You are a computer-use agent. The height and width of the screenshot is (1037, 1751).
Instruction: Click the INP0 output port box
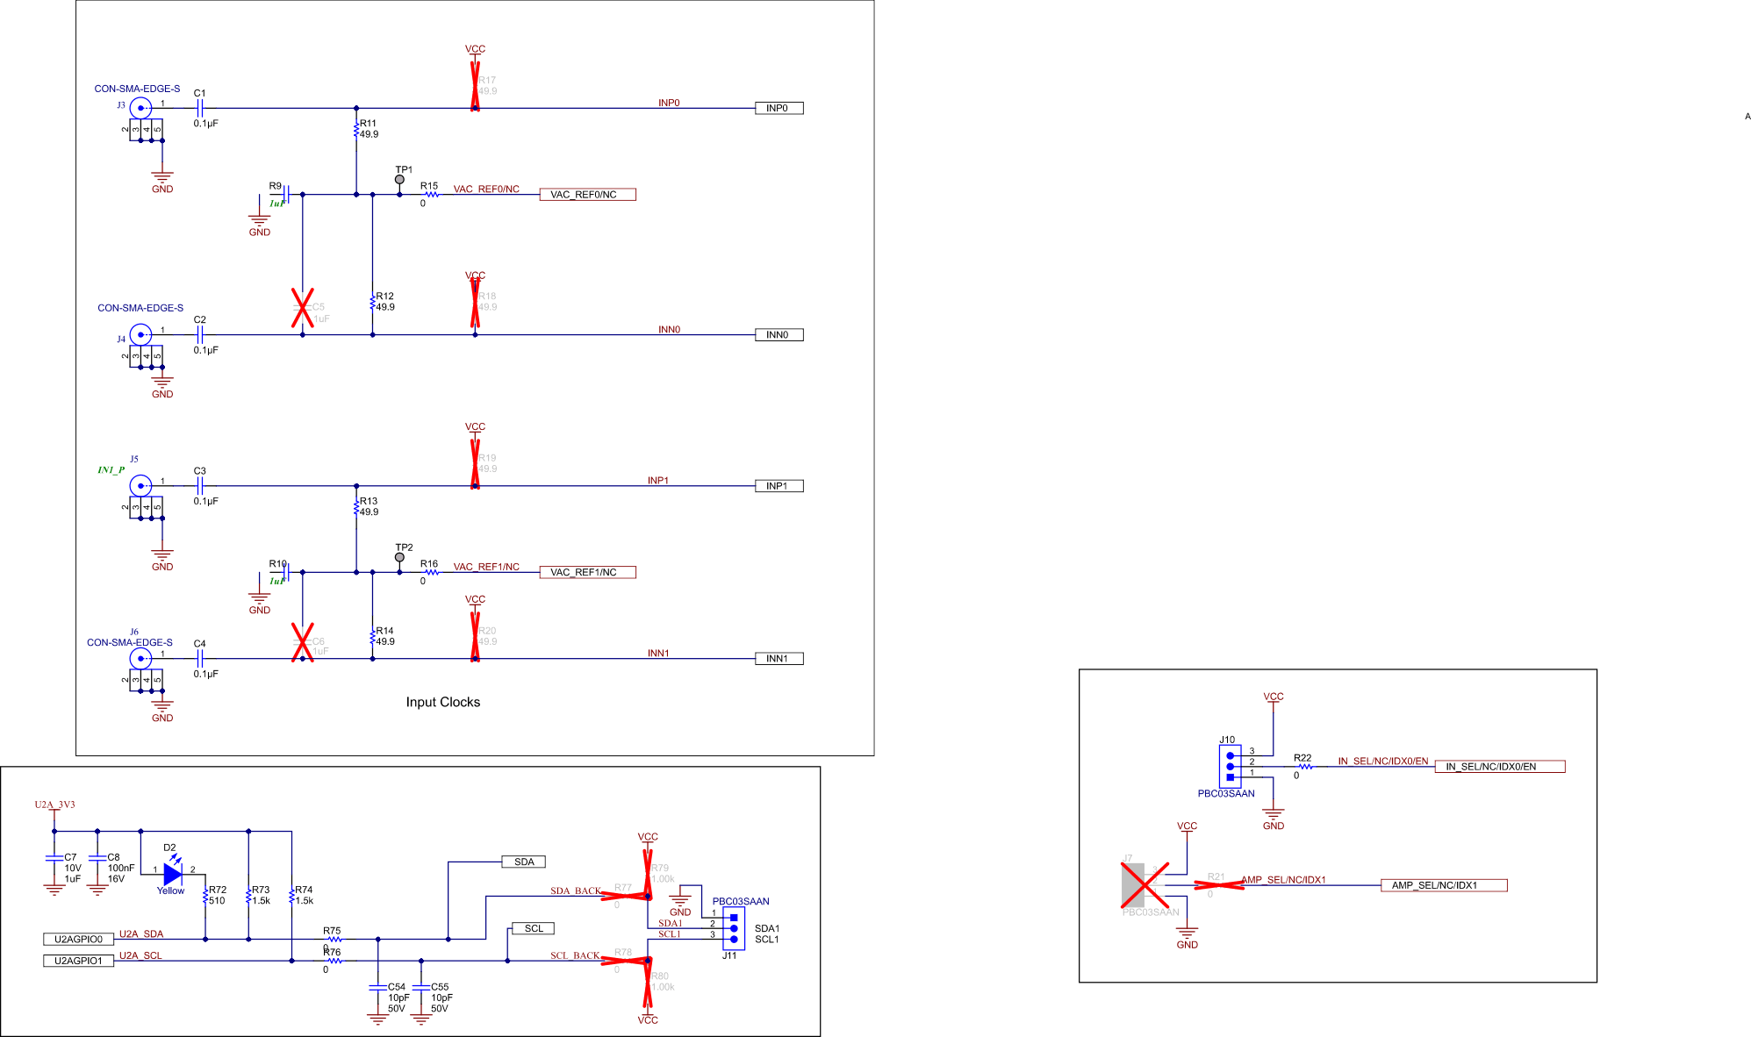pos(779,108)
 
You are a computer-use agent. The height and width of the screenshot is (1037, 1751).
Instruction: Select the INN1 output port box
pos(779,659)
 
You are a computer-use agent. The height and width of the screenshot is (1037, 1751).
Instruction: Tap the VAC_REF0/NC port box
pos(587,195)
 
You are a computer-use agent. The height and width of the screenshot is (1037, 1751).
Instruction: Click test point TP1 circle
pos(399,180)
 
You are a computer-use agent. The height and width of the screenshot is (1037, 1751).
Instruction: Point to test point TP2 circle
pos(399,557)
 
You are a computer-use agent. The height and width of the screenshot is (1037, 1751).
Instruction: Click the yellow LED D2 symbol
pos(173,874)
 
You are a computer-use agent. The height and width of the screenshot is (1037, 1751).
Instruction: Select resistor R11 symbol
pos(356,130)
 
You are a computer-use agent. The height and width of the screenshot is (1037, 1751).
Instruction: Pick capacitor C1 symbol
pos(200,108)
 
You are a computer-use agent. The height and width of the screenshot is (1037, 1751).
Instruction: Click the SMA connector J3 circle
pos(140,108)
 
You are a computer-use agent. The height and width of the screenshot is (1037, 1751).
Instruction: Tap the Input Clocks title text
pos(442,702)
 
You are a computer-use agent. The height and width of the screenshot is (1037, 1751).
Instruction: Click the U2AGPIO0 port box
pos(79,939)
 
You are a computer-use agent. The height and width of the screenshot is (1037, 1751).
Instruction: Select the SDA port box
pos(524,862)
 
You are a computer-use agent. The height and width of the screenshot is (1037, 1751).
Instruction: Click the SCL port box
pos(533,928)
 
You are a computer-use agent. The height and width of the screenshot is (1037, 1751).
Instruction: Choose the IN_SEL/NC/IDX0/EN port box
pos(1499,767)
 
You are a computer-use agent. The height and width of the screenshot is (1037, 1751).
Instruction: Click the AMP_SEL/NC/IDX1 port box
pos(1443,885)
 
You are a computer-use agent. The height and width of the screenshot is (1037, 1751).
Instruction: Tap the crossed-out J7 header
pos(1144,884)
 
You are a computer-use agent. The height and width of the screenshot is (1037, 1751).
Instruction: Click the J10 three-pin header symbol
pos(1230,766)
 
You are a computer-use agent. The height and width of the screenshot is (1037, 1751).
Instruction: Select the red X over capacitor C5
pos(303,308)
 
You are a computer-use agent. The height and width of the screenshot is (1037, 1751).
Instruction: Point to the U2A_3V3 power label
pos(54,805)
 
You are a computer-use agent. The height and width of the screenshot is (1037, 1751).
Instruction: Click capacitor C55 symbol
pos(421,987)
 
